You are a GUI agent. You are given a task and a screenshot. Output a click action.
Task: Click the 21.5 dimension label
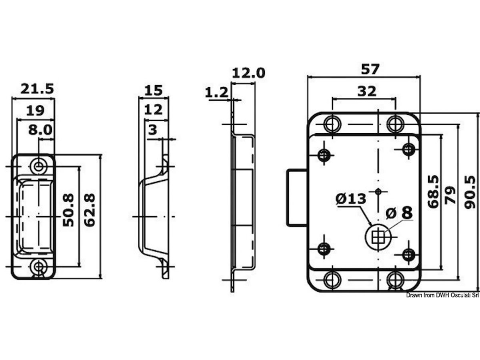pyautogui.click(x=37, y=89)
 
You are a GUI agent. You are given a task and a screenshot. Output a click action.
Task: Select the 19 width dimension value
pyautogui.click(x=35, y=111)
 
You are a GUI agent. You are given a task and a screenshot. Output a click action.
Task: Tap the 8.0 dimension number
pyautogui.click(x=40, y=130)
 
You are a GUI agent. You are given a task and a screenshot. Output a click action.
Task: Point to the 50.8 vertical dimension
pyautogui.click(x=68, y=210)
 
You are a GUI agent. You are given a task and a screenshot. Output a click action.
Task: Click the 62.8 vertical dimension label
pyautogui.click(x=90, y=210)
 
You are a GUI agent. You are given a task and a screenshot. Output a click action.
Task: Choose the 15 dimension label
pyautogui.click(x=154, y=90)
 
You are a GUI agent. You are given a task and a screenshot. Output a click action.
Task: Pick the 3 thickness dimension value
pyautogui.click(x=153, y=130)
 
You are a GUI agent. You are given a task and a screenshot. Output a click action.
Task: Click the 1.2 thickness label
pyautogui.click(x=216, y=92)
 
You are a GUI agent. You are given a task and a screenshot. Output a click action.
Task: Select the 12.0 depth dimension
pyautogui.click(x=248, y=73)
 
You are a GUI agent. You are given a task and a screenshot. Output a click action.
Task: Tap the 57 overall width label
pyautogui.click(x=370, y=69)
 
